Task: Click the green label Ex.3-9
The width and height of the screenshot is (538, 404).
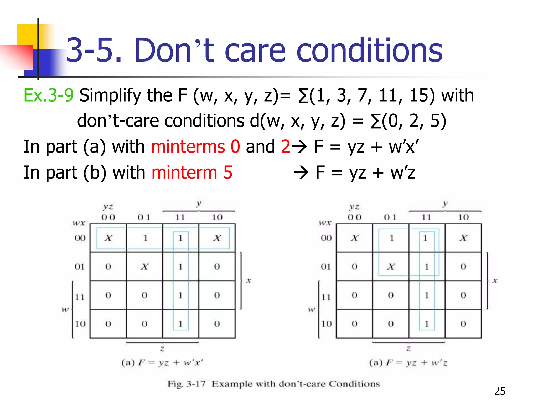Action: pyautogui.click(x=48, y=95)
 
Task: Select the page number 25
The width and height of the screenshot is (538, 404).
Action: pyautogui.click(x=500, y=391)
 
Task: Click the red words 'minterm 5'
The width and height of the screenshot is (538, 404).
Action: pyautogui.click(x=192, y=173)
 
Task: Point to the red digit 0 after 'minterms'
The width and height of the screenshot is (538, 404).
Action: pyautogui.click(x=235, y=147)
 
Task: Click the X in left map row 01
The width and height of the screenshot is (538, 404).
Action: pyautogui.click(x=144, y=267)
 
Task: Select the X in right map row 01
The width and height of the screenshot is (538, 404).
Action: pyautogui.click(x=391, y=267)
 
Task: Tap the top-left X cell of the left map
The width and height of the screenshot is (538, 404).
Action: pyautogui.click(x=108, y=238)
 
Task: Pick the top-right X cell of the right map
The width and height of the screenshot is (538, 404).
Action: pyautogui.click(x=463, y=238)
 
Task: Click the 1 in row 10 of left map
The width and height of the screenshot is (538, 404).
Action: pyautogui.click(x=180, y=324)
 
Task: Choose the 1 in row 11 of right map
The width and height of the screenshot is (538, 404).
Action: pyautogui.click(x=427, y=295)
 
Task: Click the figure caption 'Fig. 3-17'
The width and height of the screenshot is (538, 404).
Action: pyautogui.click(x=187, y=384)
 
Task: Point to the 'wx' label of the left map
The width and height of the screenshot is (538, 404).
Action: pyautogui.click(x=79, y=223)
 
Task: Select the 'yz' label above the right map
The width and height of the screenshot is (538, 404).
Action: pyautogui.click(x=354, y=207)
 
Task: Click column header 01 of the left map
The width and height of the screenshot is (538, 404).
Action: pyautogui.click(x=144, y=217)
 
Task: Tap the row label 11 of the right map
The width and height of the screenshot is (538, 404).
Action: pyautogui.click(x=326, y=297)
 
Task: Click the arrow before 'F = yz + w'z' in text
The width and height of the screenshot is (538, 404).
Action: pyautogui.click(x=301, y=173)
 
